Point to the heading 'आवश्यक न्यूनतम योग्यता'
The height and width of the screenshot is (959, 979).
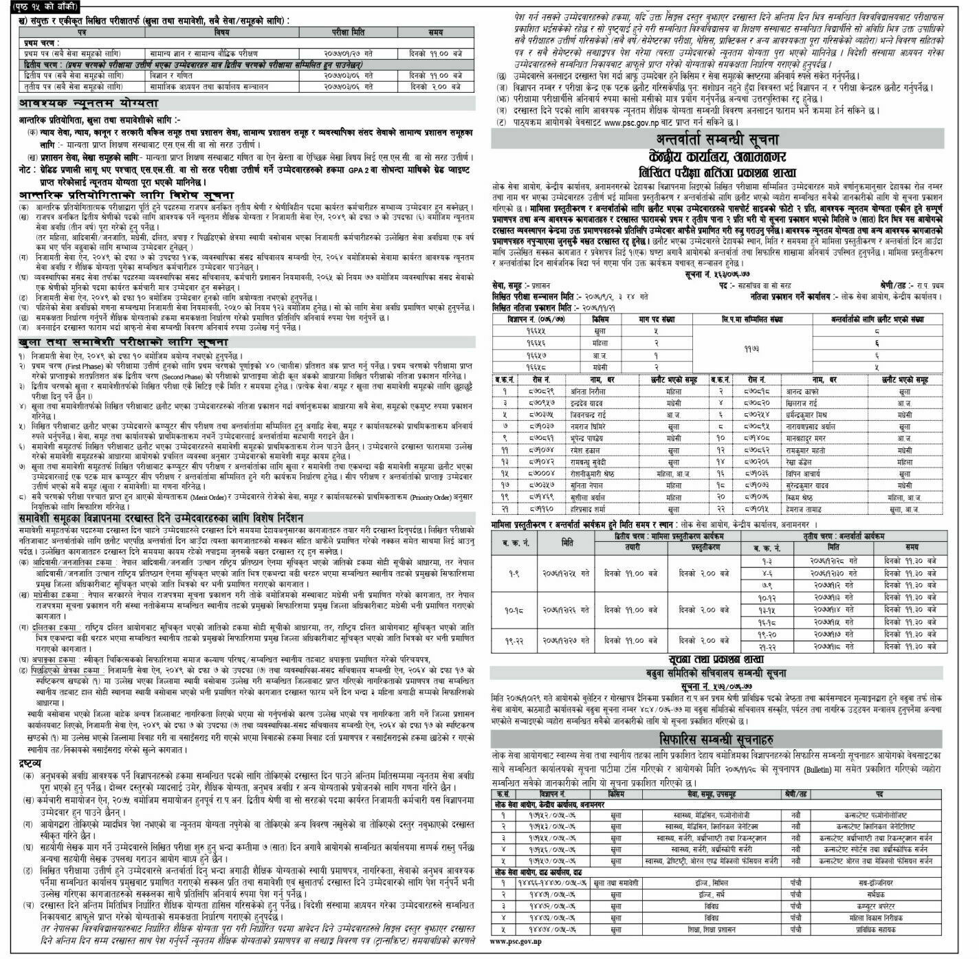(89, 103)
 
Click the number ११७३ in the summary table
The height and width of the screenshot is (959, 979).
(730, 349)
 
